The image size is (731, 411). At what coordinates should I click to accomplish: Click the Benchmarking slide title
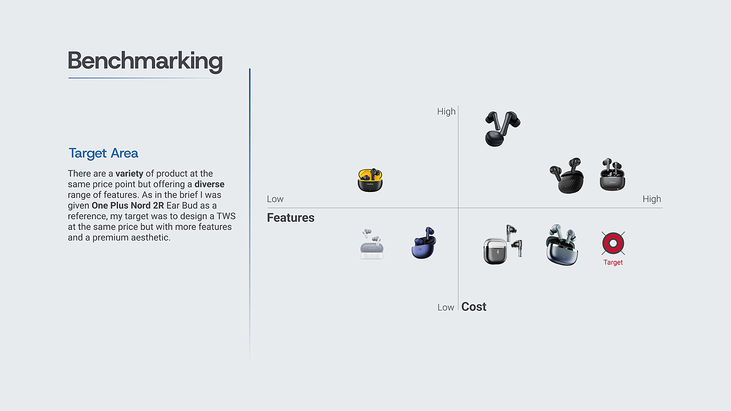145,61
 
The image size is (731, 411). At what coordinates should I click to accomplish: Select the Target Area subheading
103,153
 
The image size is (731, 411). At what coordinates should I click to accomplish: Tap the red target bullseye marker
613,243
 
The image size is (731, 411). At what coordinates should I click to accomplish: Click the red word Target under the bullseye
613,262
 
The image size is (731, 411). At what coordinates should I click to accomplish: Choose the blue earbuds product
423,243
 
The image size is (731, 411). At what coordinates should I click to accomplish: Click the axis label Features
291,218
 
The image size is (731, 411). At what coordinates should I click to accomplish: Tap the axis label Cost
474,307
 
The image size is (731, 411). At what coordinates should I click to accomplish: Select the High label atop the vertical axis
446,112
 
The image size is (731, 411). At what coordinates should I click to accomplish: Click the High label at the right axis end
652,199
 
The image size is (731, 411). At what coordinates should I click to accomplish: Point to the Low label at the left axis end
275,199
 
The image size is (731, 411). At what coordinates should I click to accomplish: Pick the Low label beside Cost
446,307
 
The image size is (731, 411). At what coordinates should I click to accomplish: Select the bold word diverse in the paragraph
209,184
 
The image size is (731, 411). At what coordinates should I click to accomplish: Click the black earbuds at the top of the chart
501,128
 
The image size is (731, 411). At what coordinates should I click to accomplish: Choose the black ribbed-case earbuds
567,176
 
